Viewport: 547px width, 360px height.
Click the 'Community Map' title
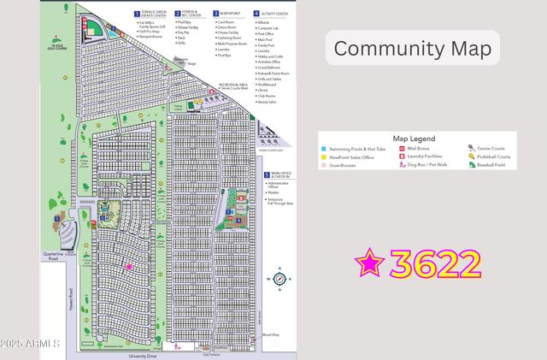click(x=411, y=49)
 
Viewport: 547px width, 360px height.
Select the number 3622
click(x=435, y=263)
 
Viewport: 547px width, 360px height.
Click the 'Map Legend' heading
click(x=414, y=139)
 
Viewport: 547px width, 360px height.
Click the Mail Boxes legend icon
click(x=402, y=148)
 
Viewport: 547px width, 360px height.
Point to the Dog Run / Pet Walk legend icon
click(x=402, y=167)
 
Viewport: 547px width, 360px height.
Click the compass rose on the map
click(x=279, y=279)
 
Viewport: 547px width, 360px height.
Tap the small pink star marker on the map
click(x=129, y=267)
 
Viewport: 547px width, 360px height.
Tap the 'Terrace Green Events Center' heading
click(x=157, y=15)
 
